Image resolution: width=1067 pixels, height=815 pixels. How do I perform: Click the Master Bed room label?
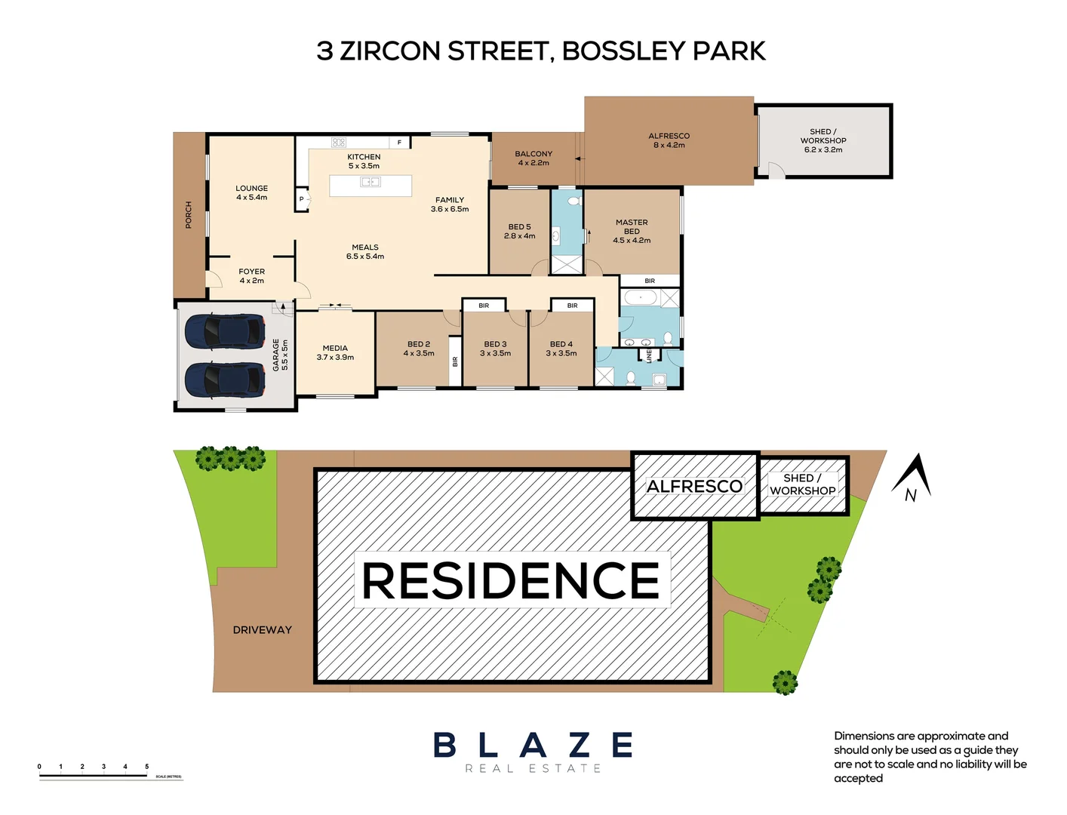click(632, 232)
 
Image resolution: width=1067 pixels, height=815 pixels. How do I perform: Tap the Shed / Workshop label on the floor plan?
click(823, 141)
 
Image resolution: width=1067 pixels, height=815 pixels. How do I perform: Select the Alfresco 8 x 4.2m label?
click(669, 141)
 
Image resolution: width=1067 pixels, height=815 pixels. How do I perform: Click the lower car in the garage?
click(225, 380)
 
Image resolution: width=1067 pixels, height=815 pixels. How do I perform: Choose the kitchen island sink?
click(370, 182)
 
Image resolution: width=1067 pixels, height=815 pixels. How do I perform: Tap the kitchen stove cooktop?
click(339, 142)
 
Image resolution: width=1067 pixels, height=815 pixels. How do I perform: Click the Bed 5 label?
click(519, 232)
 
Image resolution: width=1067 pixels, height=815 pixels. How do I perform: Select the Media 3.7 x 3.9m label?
click(335, 353)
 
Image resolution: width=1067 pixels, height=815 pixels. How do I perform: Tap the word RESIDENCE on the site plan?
click(511, 580)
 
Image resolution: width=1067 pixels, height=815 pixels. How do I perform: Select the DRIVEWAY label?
click(262, 630)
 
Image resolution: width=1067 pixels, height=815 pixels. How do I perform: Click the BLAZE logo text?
click(533, 746)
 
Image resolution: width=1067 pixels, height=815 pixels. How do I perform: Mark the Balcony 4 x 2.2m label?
click(533, 158)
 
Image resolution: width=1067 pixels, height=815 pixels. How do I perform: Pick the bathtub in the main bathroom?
click(641, 298)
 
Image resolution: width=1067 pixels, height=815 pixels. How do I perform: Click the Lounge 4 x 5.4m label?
click(251, 193)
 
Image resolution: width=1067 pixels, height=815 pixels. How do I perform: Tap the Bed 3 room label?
click(495, 349)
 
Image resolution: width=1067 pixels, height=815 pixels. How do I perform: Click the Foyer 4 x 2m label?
click(251, 276)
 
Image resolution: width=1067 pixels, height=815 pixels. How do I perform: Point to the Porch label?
click(189, 215)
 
